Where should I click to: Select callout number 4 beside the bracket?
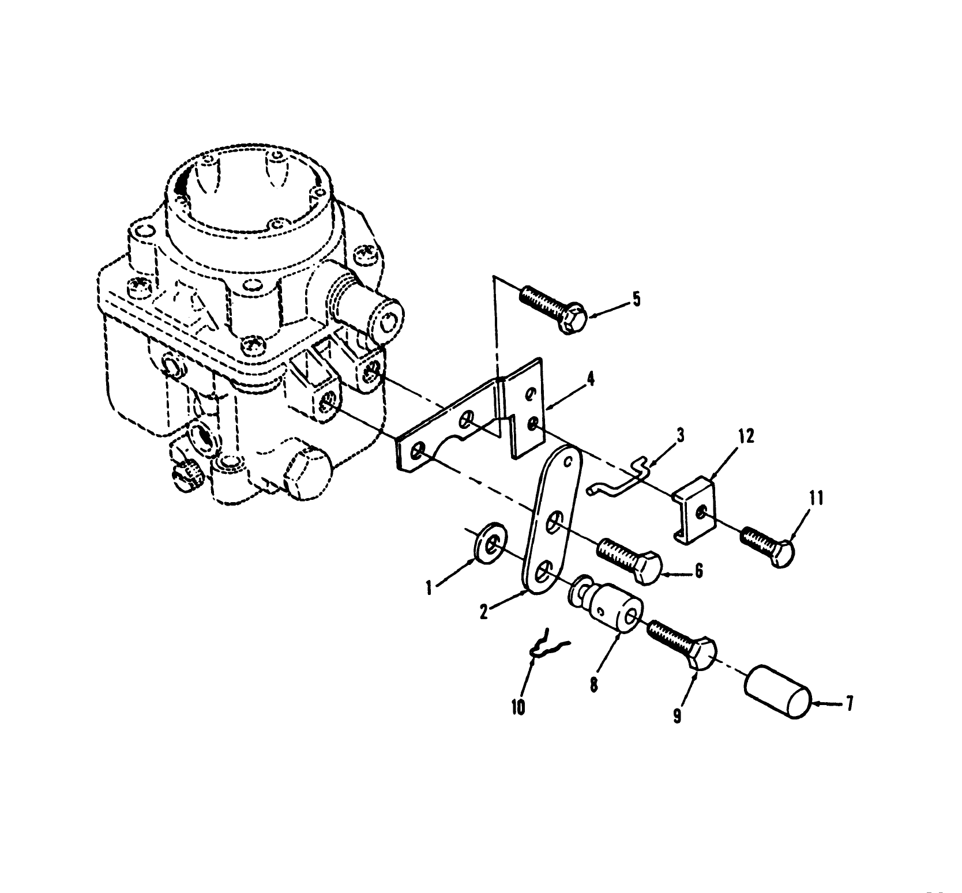pyautogui.click(x=592, y=380)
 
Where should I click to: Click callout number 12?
pyautogui.click(x=746, y=436)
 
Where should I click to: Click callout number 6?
pyautogui.click(x=698, y=570)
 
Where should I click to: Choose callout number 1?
pyautogui.click(x=429, y=588)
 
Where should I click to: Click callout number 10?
pyautogui.click(x=518, y=707)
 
